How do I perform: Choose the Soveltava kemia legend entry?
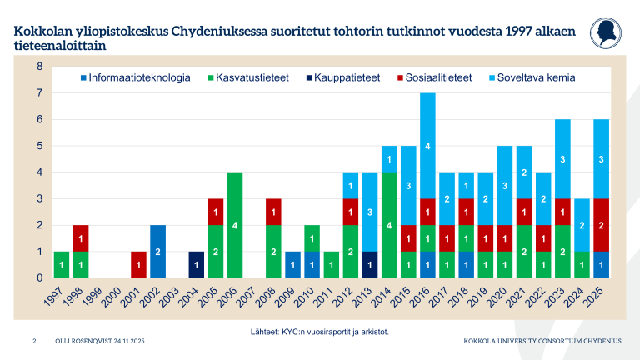pos(532,77)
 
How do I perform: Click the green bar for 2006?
pos(236,224)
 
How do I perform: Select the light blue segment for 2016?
pos(427,146)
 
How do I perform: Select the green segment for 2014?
pos(388,224)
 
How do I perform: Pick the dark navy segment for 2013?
pos(369,264)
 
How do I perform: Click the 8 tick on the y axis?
pos(40,66)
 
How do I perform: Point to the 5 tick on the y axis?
pos(40,146)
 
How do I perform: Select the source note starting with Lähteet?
pos(320,332)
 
